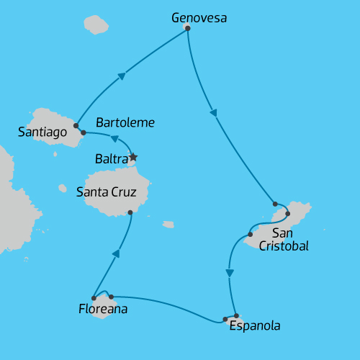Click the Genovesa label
[x=199, y=17]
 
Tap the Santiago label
[x=42, y=132]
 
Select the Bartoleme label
[x=125, y=122]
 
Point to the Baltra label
[x=112, y=157]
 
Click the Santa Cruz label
[x=106, y=192]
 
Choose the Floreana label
[x=103, y=310]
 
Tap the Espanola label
[x=254, y=326]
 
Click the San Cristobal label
[x=290, y=239]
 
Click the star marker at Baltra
[x=132, y=156]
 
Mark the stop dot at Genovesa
[x=187, y=27]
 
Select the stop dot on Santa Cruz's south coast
[x=130, y=212]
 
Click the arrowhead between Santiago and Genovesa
[x=122, y=76]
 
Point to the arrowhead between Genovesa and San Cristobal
[x=212, y=112]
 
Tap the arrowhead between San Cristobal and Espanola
[x=230, y=273]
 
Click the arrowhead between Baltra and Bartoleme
[x=114, y=139]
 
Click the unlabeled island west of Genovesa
[x=95, y=24]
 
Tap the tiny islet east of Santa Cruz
[x=168, y=225]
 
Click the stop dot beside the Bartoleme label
[x=84, y=132]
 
